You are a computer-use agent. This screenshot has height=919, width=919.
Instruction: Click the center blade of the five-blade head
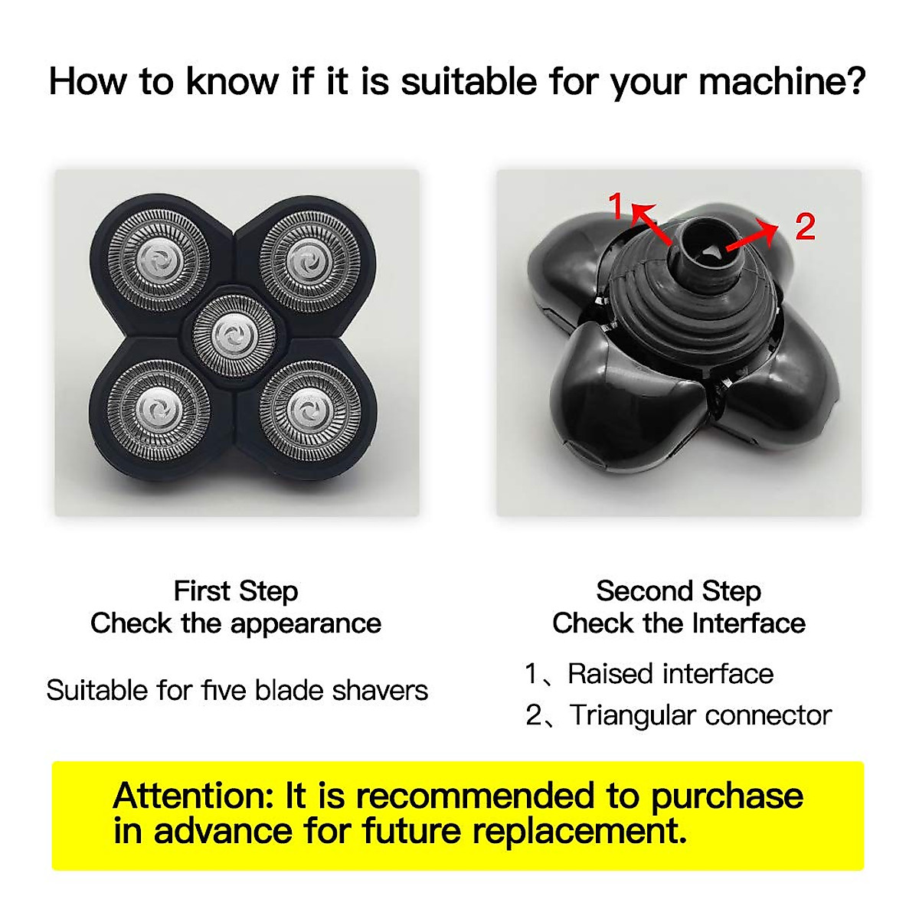[x=233, y=334]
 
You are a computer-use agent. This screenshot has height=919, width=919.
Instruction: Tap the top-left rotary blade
[x=159, y=258]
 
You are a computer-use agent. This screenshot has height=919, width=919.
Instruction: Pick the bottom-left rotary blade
[x=159, y=411]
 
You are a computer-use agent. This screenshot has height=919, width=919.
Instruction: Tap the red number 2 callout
[x=804, y=227]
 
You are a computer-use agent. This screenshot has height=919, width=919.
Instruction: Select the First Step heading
[x=236, y=591]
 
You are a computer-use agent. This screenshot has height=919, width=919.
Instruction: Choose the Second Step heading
[x=679, y=591]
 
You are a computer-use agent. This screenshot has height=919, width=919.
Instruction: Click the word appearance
[x=306, y=624]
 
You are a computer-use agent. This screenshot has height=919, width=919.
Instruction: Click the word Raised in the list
[x=610, y=674]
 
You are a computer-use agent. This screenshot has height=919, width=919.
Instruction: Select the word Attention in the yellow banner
[x=195, y=796]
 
